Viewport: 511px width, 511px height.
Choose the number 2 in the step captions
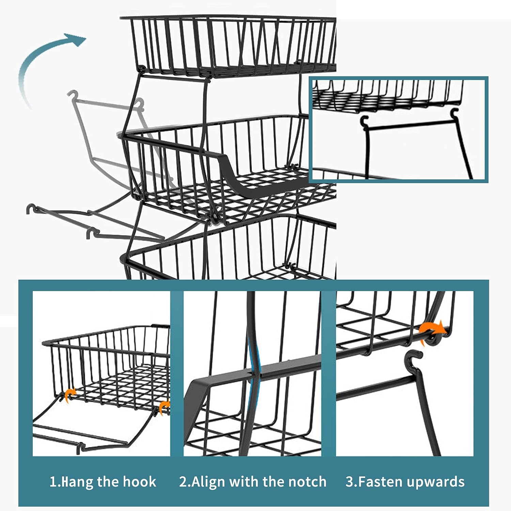point(183,482)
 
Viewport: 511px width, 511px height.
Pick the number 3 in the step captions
point(350,482)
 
